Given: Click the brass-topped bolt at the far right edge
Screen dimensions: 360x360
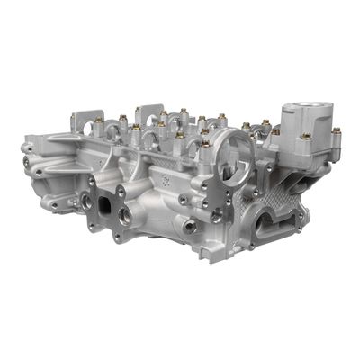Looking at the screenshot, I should pos(336,131).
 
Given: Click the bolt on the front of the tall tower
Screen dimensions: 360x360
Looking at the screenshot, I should pos(306,138).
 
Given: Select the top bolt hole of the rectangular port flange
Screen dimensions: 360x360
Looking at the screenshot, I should pos(120,191).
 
